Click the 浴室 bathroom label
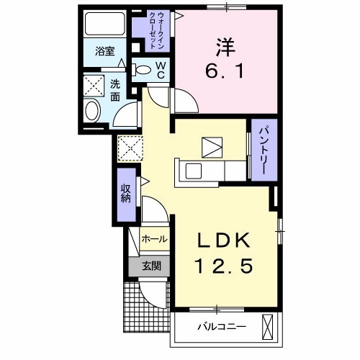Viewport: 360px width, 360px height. click(105, 51)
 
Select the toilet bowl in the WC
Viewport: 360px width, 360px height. click(143, 71)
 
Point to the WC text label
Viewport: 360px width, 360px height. click(160, 70)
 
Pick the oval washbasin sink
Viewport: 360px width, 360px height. click(92, 111)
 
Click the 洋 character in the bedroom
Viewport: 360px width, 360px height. click(222, 46)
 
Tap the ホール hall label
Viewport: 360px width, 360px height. click(154, 239)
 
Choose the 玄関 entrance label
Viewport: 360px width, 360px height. click(150, 265)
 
